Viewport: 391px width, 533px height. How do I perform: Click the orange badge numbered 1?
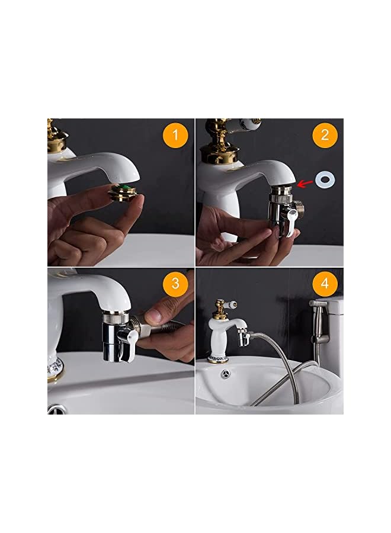coord(175,136)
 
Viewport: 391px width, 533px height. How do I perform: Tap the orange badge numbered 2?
coord(324,135)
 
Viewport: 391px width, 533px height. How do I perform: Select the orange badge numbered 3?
coord(175,284)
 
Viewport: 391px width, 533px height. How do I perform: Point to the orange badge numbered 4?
coord(324,284)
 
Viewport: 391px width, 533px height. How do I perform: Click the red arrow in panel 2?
coord(306,183)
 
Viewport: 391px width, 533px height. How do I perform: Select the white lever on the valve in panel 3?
coord(127,345)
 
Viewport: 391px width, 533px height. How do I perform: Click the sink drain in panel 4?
coord(225,374)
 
